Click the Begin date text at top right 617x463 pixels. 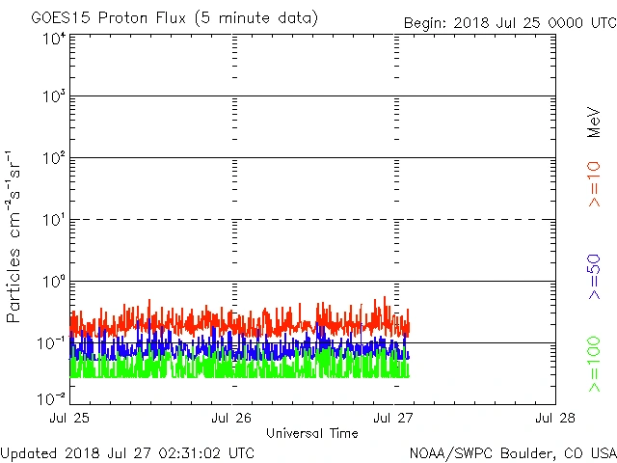508,23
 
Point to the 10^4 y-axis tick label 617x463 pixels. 53,39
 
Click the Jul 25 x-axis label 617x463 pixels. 70,419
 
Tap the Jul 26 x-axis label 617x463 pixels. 232,419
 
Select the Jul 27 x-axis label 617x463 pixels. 394,419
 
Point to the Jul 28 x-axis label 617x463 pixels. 555,419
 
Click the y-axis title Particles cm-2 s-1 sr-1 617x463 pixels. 14,236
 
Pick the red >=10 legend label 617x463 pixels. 594,182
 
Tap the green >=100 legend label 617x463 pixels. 594,365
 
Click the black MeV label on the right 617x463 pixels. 594,122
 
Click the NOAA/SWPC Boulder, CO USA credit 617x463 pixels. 512,452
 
